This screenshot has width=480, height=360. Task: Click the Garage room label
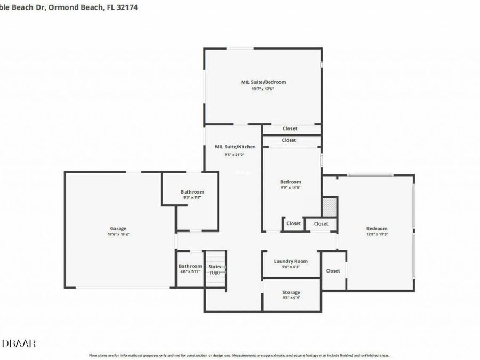(x=118, y=228)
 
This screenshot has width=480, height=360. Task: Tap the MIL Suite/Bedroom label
(x=263, y=82)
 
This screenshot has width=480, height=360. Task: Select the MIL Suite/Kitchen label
(x=235, y=147)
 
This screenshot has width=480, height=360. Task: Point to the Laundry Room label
(x=291, y=261)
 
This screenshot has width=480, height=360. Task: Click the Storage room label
(x=291, y=292)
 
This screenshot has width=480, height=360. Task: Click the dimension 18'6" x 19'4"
(x=118, y=234)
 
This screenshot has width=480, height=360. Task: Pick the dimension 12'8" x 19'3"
(x=377, y=234)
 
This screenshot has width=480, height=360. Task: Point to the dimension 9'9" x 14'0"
(x=291, y=188)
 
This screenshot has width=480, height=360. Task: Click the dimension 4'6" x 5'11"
(x=190, y=272)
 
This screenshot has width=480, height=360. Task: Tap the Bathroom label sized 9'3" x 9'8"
(x=192, y=192)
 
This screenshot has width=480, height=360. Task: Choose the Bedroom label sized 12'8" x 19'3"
(x=377, y=228)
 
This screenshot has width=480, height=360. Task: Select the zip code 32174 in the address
(x=127, y=8)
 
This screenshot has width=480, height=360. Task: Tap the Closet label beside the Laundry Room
(x=333, y=271)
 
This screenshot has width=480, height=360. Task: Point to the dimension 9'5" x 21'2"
(x=235, y=155)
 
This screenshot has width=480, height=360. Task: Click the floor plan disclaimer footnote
(x=239, y=355)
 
